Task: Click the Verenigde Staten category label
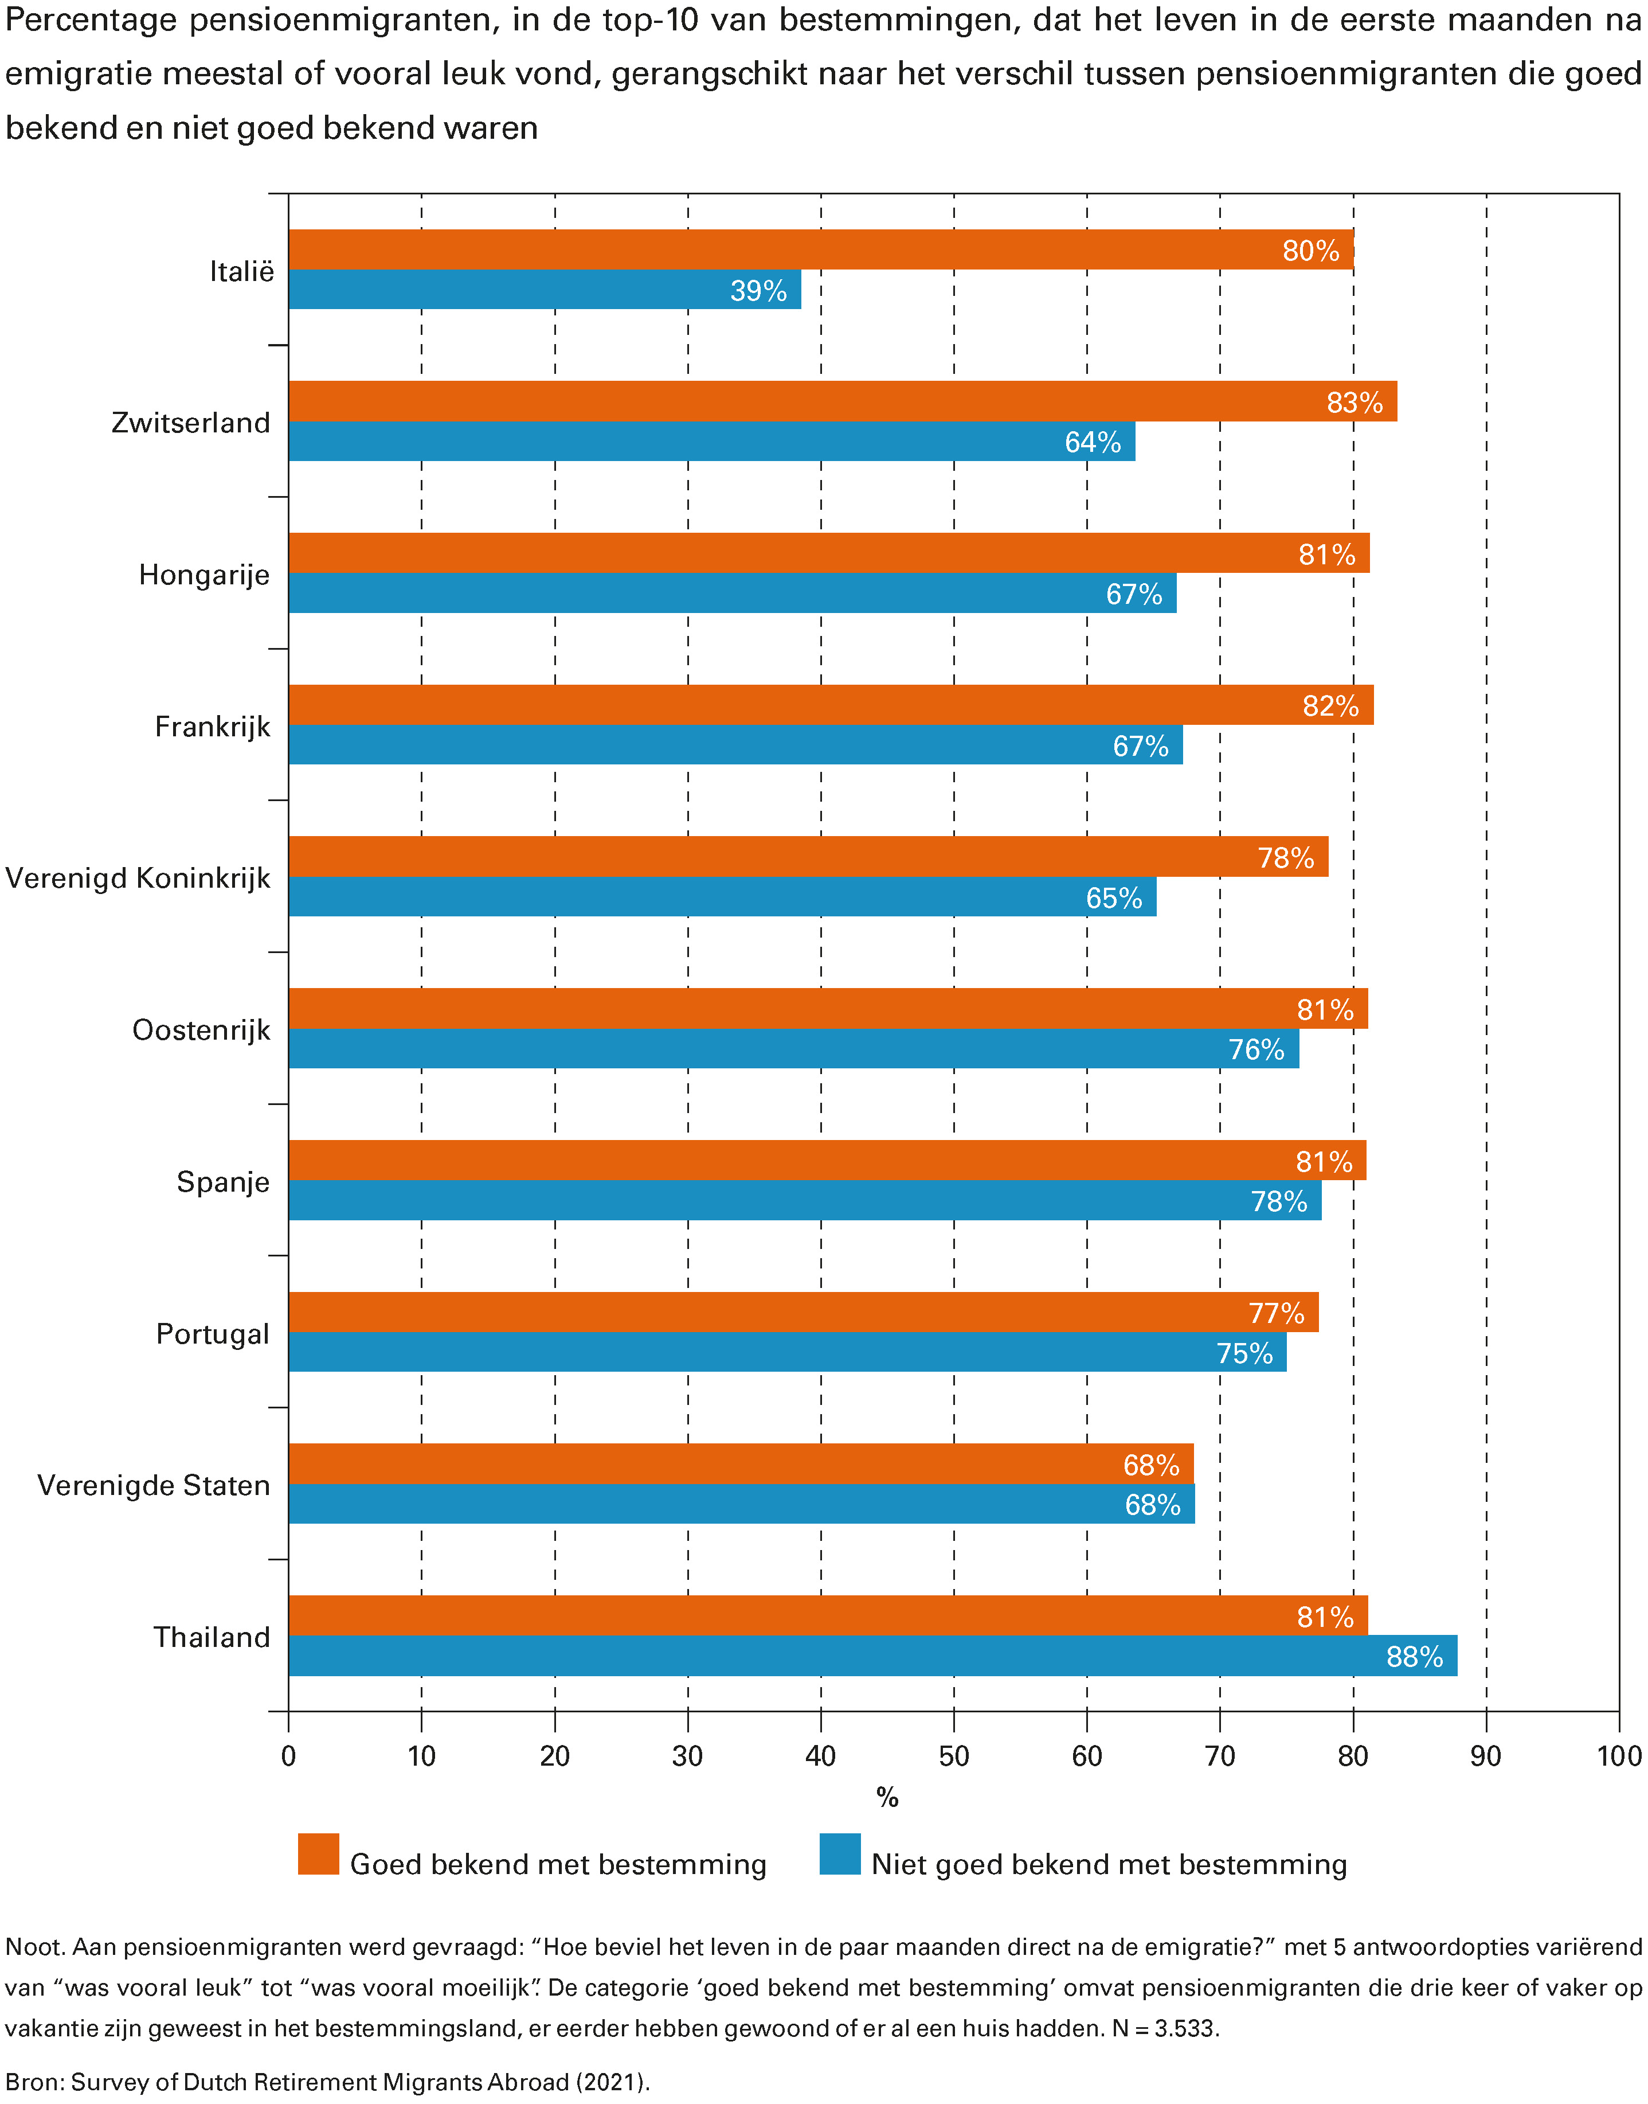[154, 1485]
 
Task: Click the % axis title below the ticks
[887, 1798]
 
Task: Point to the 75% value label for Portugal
[1244, 1353]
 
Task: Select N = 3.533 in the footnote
[1165, 2028]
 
